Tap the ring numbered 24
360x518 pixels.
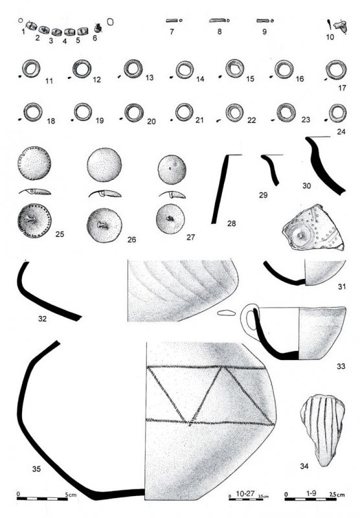pyautogui.click(x=331, y=113)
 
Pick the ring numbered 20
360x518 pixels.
pyautogui.click(x=126, y=113)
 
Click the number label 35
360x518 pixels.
pyautogui.click(x=36, y=468)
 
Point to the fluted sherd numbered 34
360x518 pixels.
pyautogui.click(x=322, y=429)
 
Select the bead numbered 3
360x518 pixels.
pyautogui.click(x=57, y=32)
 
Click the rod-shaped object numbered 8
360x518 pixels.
pyautogui.click(x=218, y=21)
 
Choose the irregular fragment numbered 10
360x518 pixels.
pyautogui.click(x=340, y=27)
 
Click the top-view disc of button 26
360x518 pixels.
pyautogui.click(x=104, y=164)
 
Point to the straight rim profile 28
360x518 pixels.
pyautogui.click(x=219, y=189)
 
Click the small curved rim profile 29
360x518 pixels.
pyautogui.click(x=271, y=169)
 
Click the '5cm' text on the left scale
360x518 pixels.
pyautogui.click(x=71, y=495)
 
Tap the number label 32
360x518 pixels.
pyautogui.click(x=42, y=319)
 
